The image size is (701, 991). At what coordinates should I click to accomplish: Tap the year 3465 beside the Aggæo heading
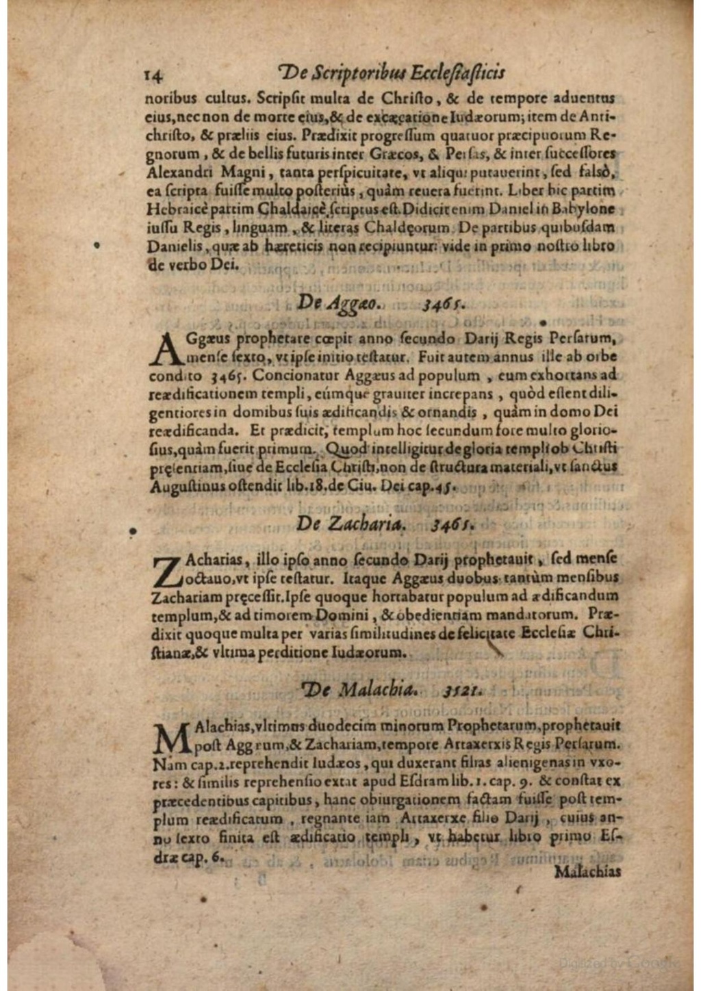(x=444, y=303)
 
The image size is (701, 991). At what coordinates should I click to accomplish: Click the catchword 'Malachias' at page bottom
(x=587, y=871)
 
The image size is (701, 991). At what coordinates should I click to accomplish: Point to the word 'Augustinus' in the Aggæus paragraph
(x=184, y=486)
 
